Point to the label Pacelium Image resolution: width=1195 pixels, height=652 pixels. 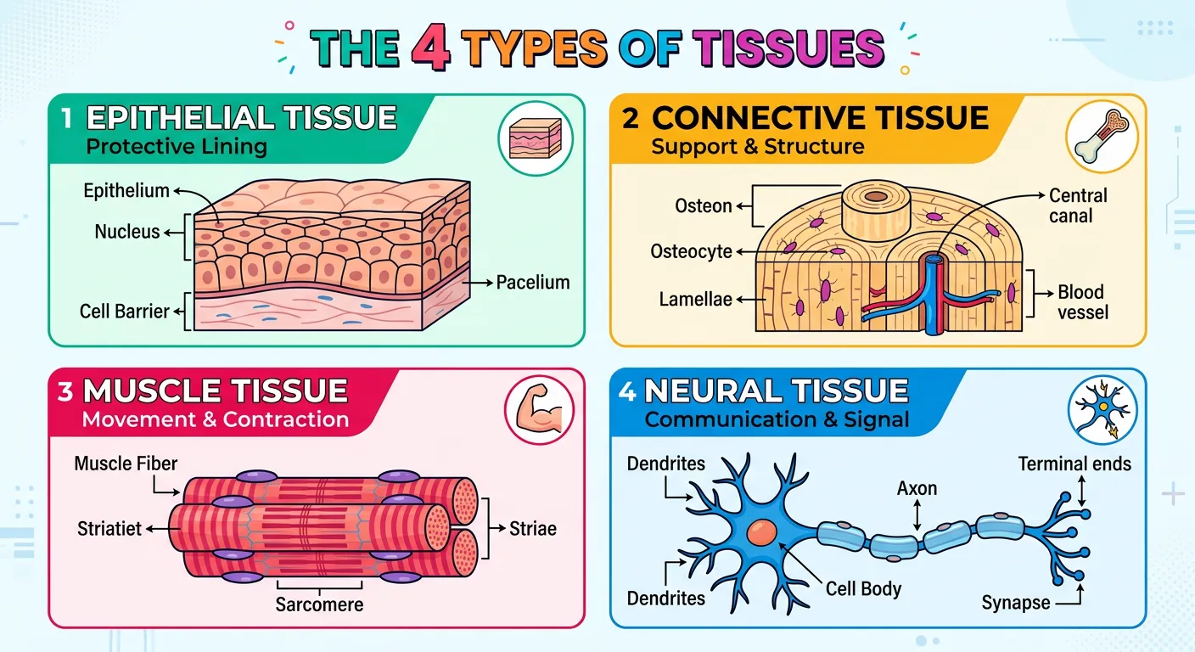point(533,282)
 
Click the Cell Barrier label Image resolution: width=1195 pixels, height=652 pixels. point(125,311)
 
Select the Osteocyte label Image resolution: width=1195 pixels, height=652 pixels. point(691,251)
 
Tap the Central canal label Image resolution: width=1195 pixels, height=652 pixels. point(1077,205)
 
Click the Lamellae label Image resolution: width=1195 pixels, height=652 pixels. point(695,300)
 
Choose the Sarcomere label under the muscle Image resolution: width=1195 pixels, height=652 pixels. point(319,604)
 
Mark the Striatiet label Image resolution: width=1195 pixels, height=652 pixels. point(109,528)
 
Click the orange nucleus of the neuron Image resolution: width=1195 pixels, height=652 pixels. point(762,532)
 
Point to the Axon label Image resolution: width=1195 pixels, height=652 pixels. point(917,488)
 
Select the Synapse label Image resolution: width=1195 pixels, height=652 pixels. point(1016,603)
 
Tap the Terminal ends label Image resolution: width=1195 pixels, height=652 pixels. point(1074,464)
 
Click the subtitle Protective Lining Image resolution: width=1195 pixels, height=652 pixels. point(177,146)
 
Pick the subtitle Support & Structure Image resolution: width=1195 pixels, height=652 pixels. point(757,146)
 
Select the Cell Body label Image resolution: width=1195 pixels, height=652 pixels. point(863,588)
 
